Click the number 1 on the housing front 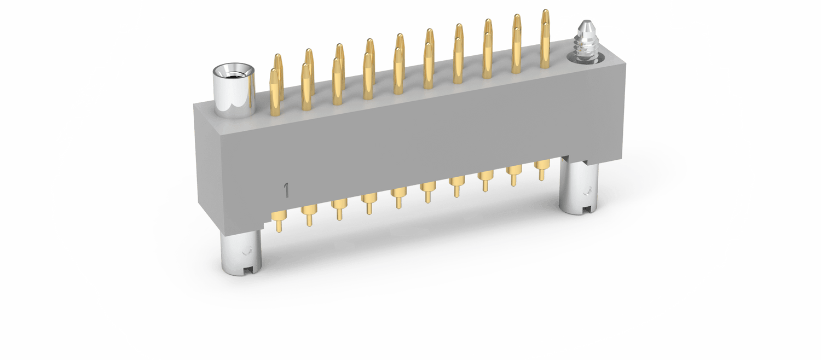click(x=286, y=190)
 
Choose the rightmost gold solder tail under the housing click(x=542, y=170)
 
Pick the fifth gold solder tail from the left click(x=398, y=198)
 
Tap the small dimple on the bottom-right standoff click(x=587, y=190)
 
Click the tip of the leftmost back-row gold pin click(x=278, y=56)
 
